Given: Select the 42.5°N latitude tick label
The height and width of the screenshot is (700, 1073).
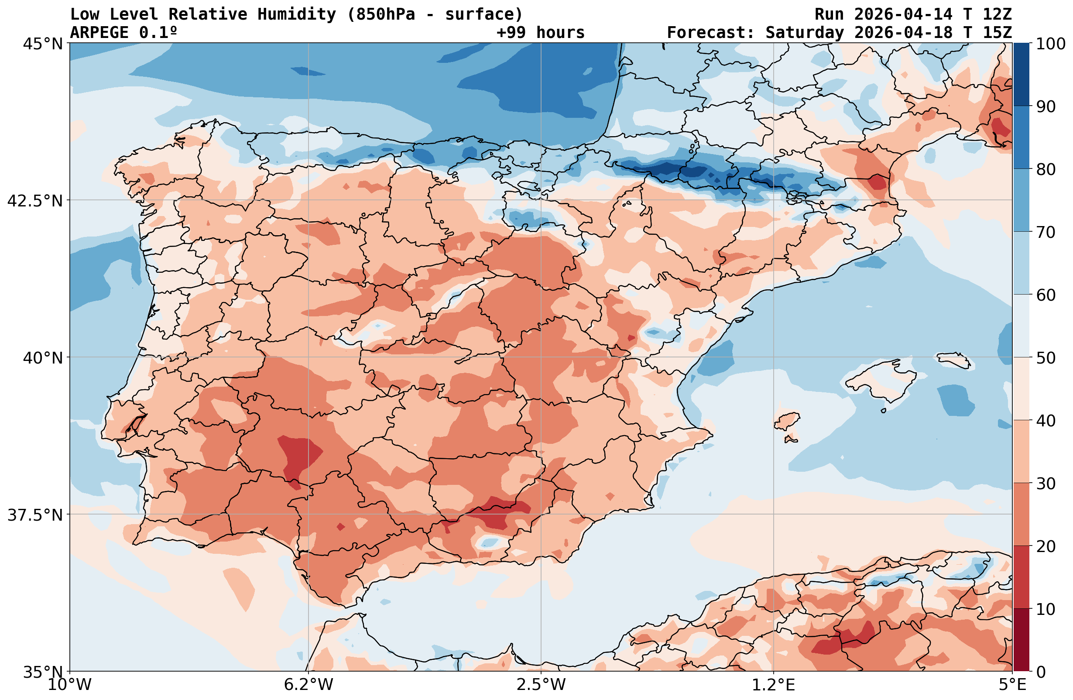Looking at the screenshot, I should (35, 201).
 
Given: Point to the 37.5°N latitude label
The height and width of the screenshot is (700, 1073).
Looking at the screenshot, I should (35, 515).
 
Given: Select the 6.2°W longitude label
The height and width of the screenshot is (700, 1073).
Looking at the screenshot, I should (309, 685).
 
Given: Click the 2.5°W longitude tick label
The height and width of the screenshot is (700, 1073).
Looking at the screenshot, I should (541, 685).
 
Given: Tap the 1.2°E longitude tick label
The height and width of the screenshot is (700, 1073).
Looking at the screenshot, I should (774, 685).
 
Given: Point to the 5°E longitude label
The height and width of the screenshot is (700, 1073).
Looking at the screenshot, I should (1013, 685).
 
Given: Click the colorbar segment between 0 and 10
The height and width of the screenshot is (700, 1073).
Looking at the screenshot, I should (1022, 640).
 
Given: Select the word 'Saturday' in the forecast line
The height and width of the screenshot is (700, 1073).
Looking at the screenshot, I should (804, 33).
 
